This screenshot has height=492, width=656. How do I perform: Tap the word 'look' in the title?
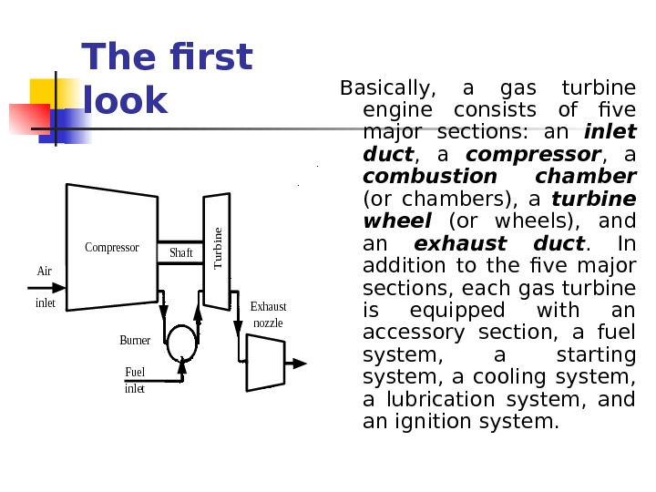[x=125, y=101]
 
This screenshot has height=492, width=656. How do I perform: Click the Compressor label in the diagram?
[x=111, y=247]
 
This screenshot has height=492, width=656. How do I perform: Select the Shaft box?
[x=181, y=251]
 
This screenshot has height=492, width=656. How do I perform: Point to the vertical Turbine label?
[x=218, y=246]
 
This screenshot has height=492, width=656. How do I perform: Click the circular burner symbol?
[x=181, y=340]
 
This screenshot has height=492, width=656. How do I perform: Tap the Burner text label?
[x=135, y=340]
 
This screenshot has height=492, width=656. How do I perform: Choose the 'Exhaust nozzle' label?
[x=268, y=314]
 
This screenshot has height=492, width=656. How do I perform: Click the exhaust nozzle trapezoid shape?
[x=265, y=362]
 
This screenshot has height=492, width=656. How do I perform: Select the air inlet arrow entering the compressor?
[x=50, y=286]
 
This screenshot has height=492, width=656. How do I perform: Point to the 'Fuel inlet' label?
[x=135, y=380]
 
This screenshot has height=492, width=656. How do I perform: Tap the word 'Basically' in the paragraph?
[x=384, y=88]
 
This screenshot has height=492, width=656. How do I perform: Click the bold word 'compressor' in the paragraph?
[x=533, y=155]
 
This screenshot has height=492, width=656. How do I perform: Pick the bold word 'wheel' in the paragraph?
[x=396, y=221]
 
